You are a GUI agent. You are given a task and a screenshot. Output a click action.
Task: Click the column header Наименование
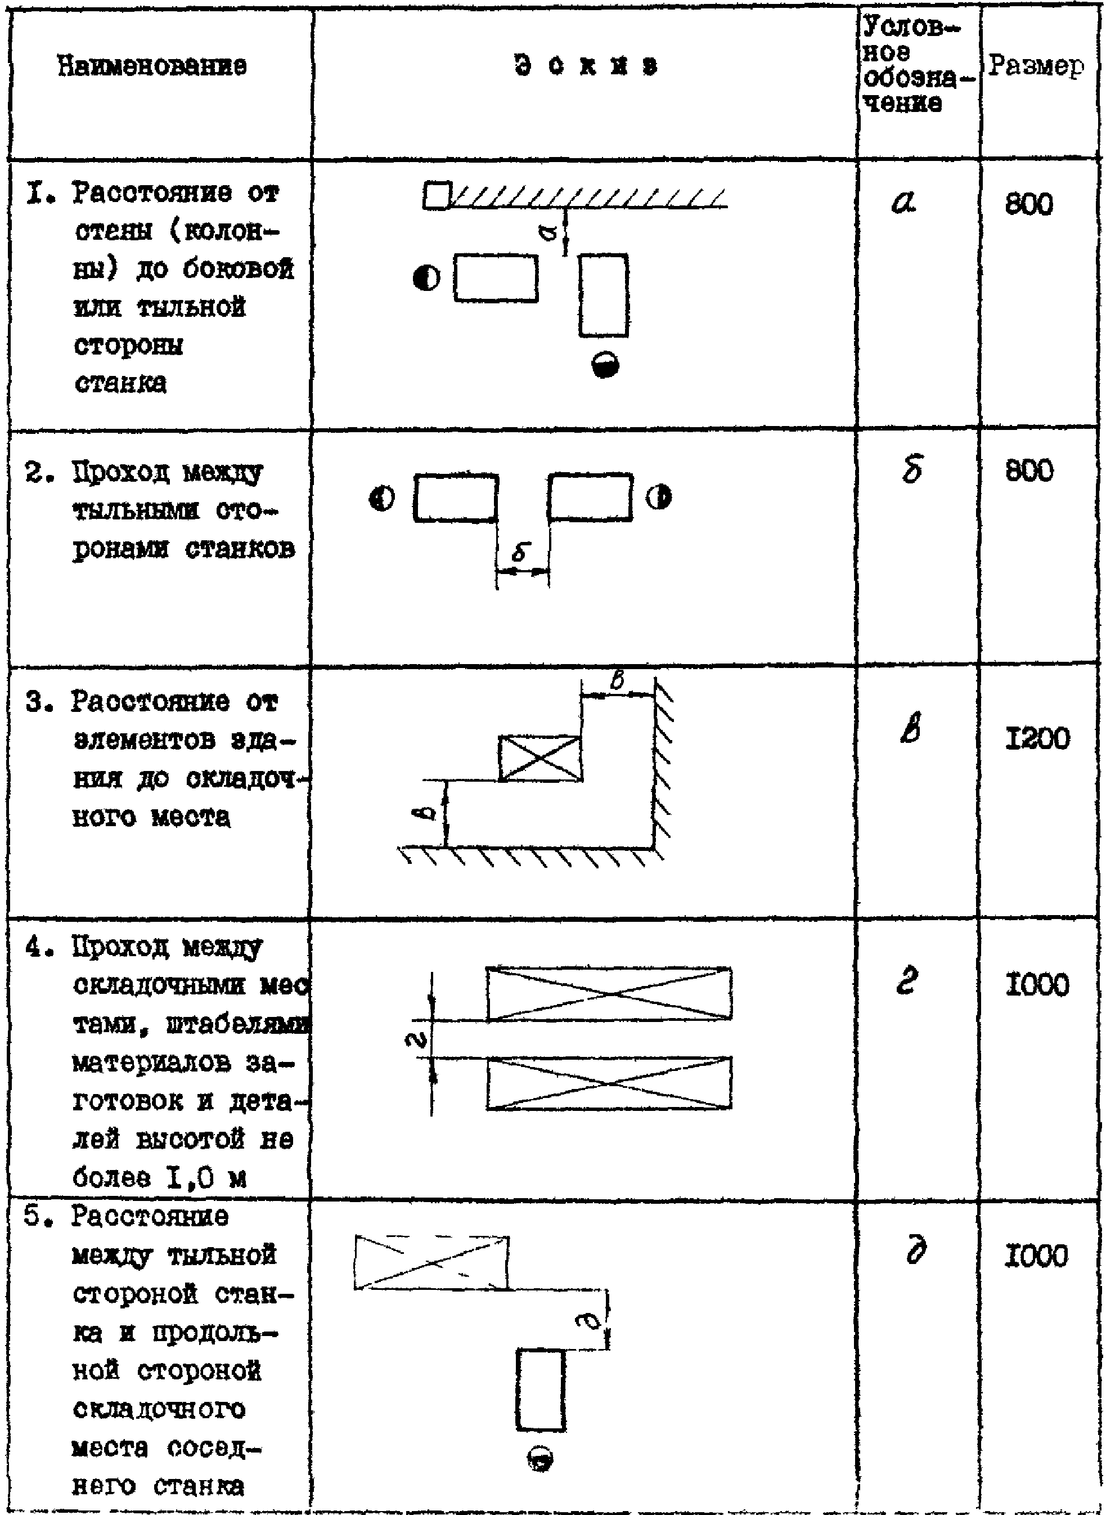click(x=152, y=66)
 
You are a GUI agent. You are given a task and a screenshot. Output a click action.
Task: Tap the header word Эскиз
click(x=586, y=66)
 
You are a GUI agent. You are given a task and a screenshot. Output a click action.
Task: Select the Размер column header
click(x=1035, y=66)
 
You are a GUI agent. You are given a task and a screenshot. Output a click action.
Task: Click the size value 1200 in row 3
click(x=1037, y=739)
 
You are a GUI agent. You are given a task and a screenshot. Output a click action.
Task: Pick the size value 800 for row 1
click(x=1029, y=204)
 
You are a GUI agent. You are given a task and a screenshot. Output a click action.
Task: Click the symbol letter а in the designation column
click(x=905, y=201)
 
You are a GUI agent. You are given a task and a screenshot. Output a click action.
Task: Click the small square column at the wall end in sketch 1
click(x=436, y=196)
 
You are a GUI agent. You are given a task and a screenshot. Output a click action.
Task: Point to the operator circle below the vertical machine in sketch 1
click(x=605, y=365)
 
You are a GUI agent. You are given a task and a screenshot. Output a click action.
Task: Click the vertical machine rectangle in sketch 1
click(x=603, y=295)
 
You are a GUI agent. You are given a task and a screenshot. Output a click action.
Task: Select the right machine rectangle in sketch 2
click(x=590, y=497)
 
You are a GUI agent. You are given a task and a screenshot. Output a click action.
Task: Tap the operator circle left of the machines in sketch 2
click(x=383, y=498)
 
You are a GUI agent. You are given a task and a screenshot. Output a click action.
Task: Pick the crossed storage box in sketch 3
click(x=540, y=758)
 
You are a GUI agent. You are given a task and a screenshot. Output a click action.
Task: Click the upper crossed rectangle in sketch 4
click(x=609, y=994)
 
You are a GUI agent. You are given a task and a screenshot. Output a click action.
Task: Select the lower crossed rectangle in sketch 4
click(x=609, y=1084)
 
